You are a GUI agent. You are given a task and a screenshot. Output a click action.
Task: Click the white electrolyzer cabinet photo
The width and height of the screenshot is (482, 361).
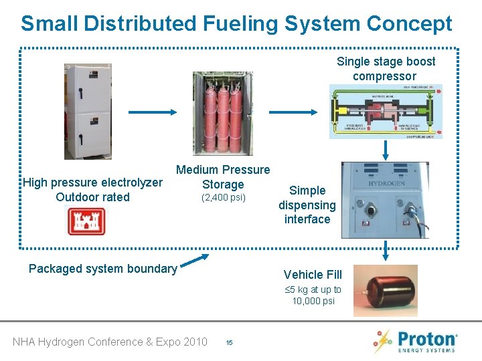pos(88,112)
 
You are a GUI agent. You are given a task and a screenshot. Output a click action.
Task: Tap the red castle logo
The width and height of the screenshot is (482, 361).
pos(86,221)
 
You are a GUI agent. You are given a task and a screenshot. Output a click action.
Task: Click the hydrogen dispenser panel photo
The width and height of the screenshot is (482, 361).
pos(385,201)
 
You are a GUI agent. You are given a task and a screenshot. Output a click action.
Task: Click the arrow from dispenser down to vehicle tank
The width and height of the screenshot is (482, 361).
pos(386,251)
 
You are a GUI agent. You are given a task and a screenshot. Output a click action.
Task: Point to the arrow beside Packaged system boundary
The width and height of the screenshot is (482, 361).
pos(195,261)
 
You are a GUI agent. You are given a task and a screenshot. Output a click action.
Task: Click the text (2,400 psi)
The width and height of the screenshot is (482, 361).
pos(224,198)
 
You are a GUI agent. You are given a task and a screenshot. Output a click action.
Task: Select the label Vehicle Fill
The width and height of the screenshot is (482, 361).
pos(313,274)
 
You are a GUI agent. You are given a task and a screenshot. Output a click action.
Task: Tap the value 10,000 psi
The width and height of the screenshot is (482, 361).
pos(313,301)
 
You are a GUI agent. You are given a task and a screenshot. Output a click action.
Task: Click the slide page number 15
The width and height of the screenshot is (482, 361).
pos(229,343)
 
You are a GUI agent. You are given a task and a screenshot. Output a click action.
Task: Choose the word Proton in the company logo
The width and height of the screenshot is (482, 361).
pos(426,338)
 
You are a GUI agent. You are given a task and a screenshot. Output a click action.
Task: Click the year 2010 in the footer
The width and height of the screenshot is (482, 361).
pos(194,342)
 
